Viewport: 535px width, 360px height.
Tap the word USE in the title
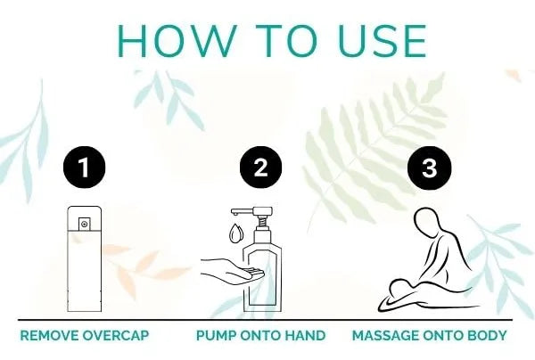pos(383,41)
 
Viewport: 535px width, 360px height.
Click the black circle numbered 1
pos(85,167)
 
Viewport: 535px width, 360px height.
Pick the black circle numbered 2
pos(260,167)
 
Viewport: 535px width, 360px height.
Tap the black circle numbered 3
pos(430,168)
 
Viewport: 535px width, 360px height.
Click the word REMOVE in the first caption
pos(49,335)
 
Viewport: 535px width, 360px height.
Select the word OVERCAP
pos(116,335)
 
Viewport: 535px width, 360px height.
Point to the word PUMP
pos(217,335)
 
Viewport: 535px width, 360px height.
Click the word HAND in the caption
pos(305,335)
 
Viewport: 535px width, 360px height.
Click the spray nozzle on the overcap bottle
pos(85,224)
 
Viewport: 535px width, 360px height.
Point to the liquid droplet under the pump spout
pos(235,233)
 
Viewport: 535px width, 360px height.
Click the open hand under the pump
pos(232,271)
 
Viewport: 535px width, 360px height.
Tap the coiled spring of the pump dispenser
pos(262,223)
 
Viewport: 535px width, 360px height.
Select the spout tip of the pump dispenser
pos(235,213)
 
